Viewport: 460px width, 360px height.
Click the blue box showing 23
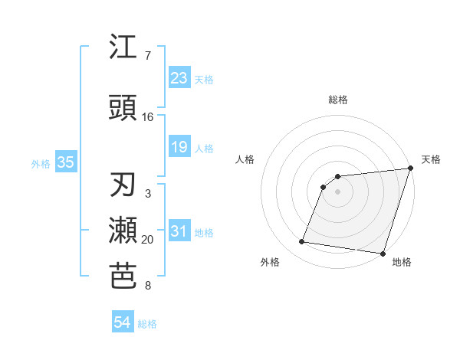point(179,78)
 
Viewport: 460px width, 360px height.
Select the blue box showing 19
point(179,147)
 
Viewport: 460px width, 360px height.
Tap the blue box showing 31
point(179,231)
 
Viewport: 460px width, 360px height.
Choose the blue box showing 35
point(65,162)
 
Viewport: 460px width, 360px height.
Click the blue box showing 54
point(123,323)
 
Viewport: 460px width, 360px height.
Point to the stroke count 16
point(148,116)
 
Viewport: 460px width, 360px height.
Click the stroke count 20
point(148,240)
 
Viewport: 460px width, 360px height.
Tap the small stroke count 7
point(148,56)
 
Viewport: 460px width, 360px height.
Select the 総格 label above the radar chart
point(338,100)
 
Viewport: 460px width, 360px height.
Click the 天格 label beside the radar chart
point(432,159)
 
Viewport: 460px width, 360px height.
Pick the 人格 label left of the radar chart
point(245,159)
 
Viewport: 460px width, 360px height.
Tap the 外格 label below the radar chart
point(270,263)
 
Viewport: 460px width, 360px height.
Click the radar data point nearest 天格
point(411,169)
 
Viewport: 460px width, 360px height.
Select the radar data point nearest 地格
point(383,254)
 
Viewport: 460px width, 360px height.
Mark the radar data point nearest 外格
point(302,242)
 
